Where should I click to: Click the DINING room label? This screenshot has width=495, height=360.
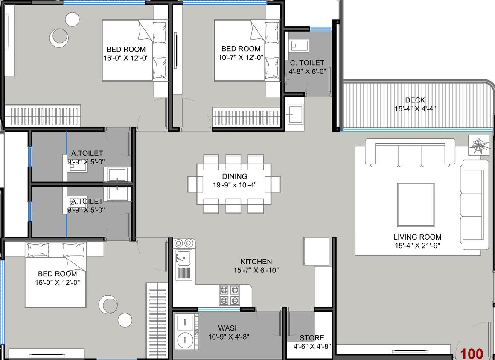pos(234,176)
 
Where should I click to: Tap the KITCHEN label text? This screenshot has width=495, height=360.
pos(256,261)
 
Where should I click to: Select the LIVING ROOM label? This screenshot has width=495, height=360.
pos(417,237)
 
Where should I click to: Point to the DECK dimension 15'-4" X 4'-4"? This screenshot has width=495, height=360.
pos(415,108)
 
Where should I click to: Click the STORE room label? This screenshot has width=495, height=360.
pos(312,338)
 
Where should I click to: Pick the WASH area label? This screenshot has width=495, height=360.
pos(229,328)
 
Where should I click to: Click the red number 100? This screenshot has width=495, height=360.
pos(472,354)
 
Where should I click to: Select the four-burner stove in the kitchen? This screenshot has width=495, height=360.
pos(229,295)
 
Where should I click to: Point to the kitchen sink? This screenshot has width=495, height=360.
pos(184,258)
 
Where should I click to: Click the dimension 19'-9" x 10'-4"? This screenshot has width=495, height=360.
pos(234,185)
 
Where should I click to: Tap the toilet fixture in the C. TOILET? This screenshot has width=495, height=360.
pos(298,45)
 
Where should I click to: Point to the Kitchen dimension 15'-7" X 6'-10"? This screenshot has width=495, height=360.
pos(256,270)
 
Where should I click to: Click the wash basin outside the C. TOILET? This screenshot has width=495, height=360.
pos(295,114)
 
